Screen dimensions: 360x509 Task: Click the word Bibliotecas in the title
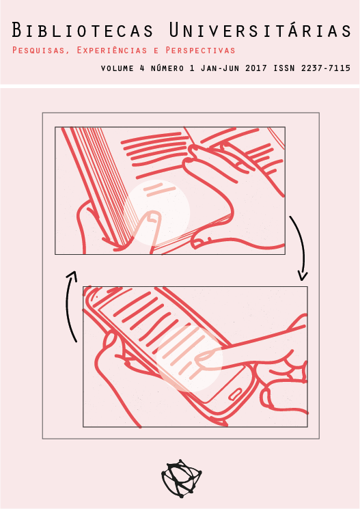pyautogui.click(x=83, y=30)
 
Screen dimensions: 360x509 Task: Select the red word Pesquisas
pyautogui.click(x=38, y=51)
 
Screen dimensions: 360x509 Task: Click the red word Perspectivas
pyautogui.click(x=200, y=51)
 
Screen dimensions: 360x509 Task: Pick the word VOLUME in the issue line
pyautogui.click(x=117, y=68)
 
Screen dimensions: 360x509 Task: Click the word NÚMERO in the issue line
pyautogui.click(x=167, y=68)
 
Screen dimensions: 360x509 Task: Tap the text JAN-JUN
pyautogui.click(x=221, y=68)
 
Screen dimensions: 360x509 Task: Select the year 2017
pyautogui.click(x=256, y=68)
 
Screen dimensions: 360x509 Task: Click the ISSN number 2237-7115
pyautogui.click(x=326, y=68)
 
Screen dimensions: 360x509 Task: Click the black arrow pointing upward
pyautogui.click(x=70, y=305)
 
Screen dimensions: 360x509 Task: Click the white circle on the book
pyautogui.click(x=156, y=212)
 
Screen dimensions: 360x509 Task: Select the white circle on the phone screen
pyautogui.click(x=190, y=359)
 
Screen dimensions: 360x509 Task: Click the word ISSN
pyautogui.click(x=284, y=68)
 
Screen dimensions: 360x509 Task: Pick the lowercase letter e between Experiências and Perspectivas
pyautogui.click(x=156, y=51)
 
